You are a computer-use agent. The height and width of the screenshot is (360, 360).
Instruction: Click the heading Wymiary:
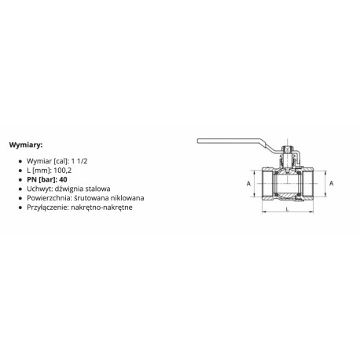point(26,145)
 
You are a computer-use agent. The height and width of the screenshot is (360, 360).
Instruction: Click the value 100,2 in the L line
point(63,171)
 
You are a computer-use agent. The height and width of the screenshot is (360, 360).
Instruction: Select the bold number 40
point(63,179)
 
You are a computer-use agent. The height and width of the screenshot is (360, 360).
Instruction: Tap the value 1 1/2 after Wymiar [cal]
point(79,161)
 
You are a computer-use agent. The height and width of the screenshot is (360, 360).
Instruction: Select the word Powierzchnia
point(49,198)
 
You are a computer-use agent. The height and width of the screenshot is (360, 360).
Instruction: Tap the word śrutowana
point(91,198)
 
